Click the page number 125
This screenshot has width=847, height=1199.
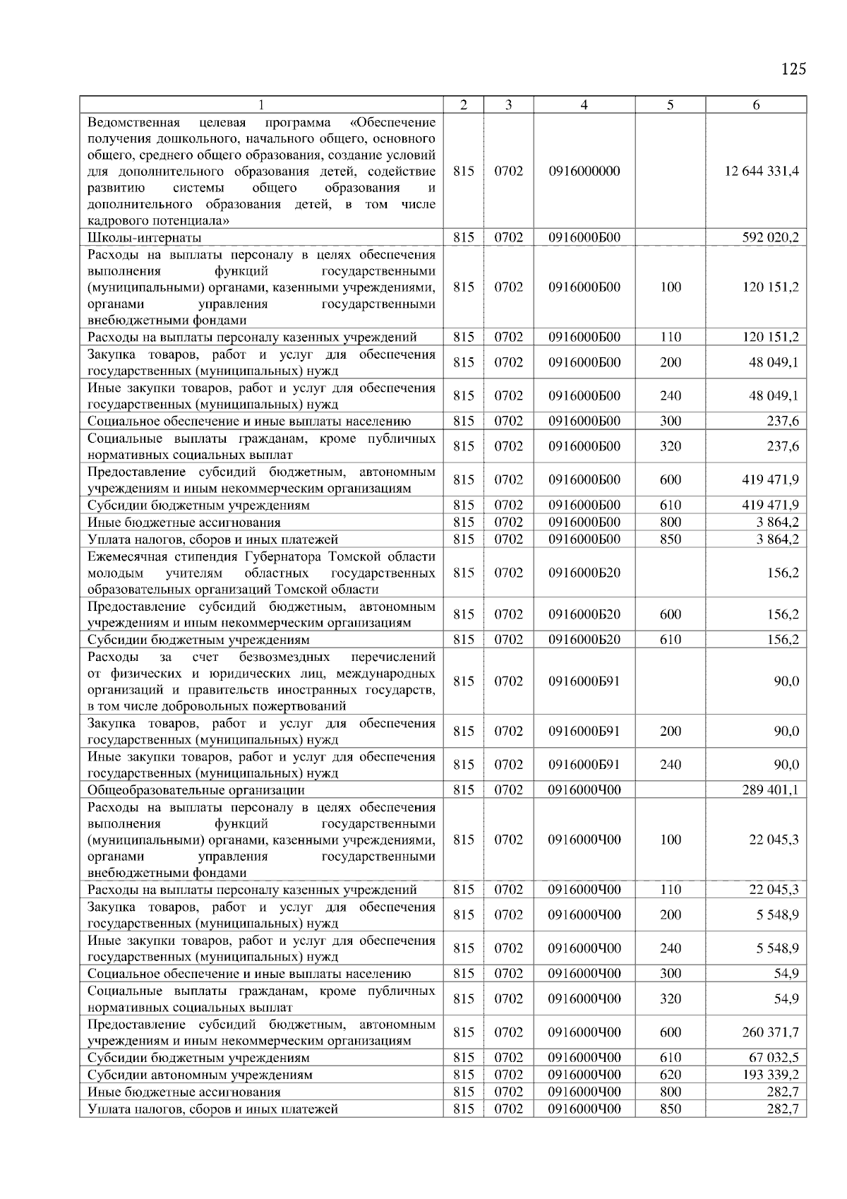793,69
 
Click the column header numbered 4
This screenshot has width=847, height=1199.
584,105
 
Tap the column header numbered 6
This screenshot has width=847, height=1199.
756,105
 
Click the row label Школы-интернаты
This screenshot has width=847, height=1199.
144,238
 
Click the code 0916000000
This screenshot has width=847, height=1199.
584,172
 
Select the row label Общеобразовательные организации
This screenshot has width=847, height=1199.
196,790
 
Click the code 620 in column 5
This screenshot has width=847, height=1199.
670,1075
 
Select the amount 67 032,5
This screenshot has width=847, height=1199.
774,1058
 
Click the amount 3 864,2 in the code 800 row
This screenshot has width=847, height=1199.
777,523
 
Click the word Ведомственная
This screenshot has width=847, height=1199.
133,122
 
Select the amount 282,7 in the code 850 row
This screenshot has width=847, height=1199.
783,1109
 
